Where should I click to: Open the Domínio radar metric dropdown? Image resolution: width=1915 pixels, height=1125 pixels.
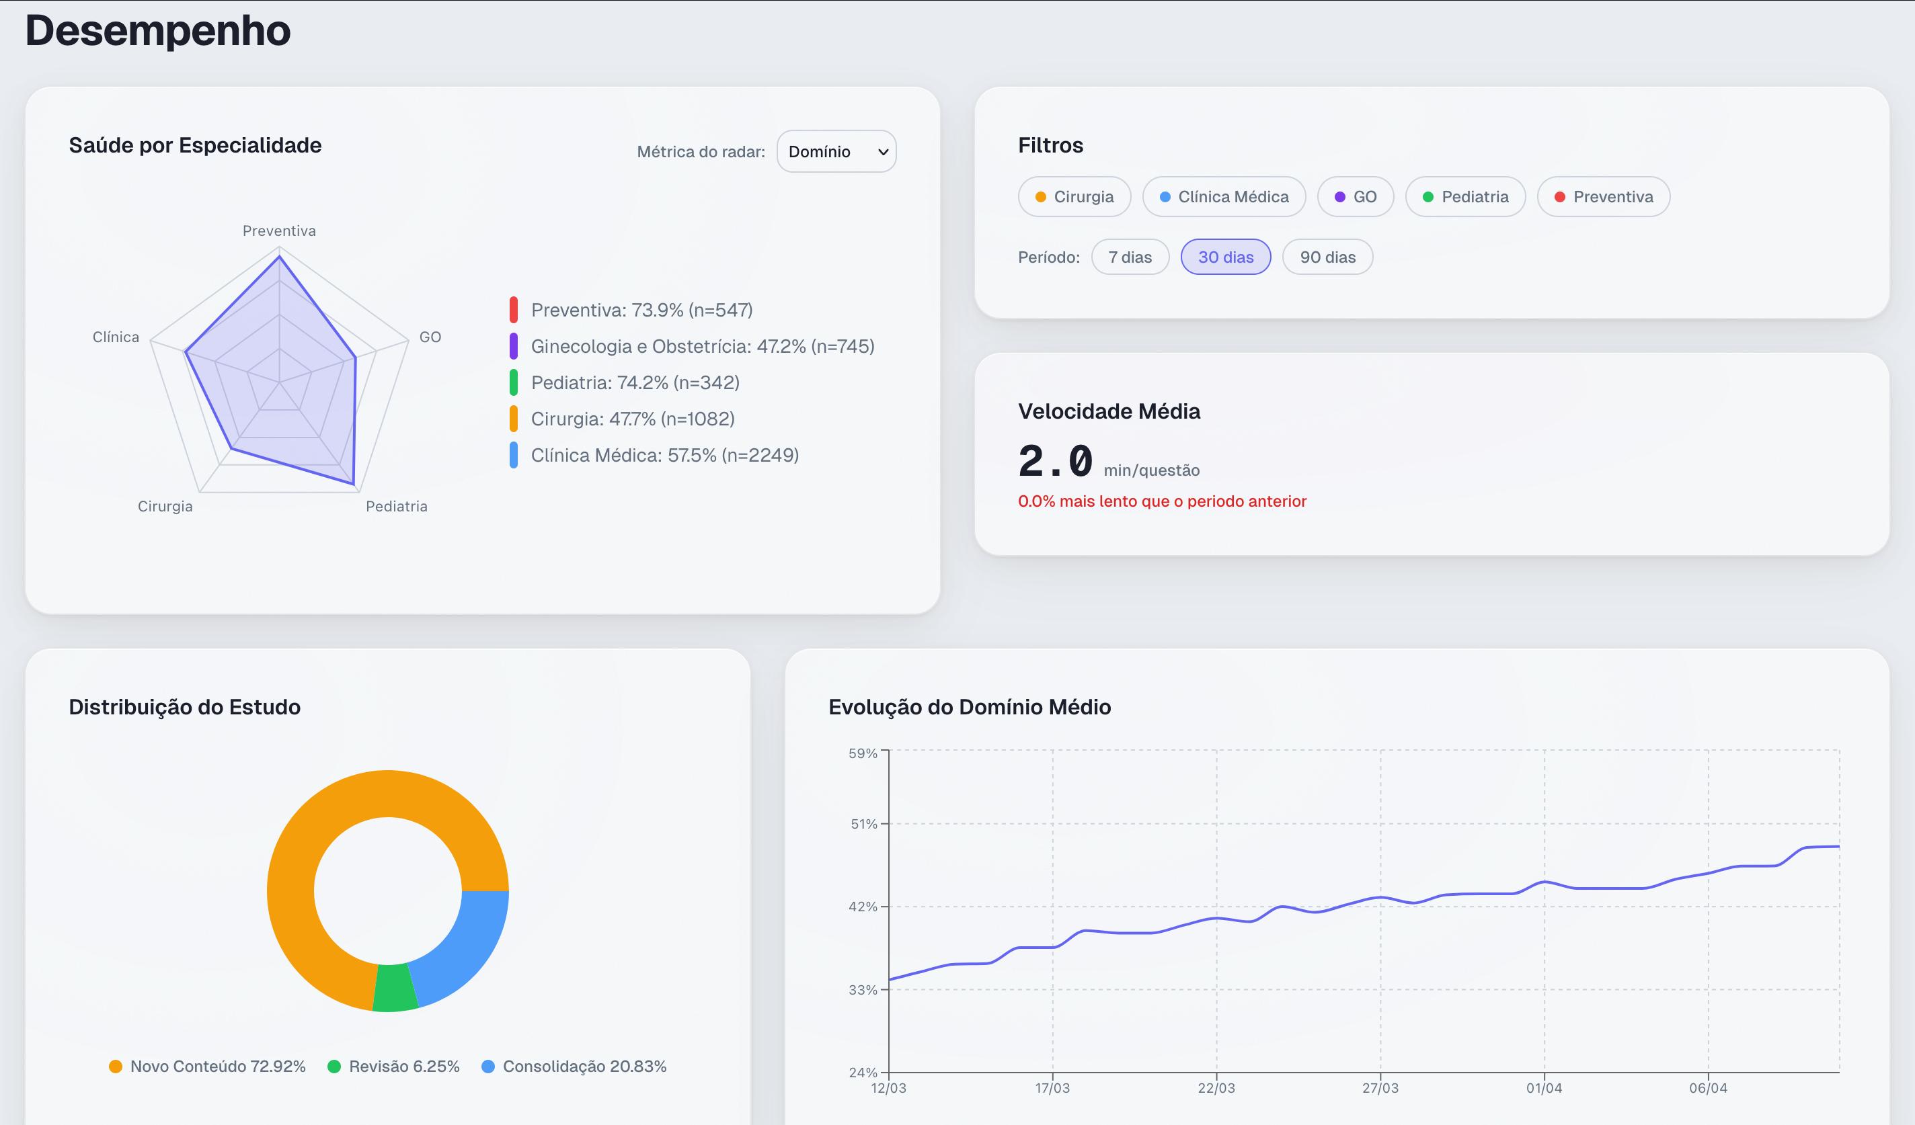(x=836, y=151)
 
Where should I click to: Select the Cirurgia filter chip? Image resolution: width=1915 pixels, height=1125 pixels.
(x=1074, y=197)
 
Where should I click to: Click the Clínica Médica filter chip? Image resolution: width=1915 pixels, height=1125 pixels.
(x=1224, y=197)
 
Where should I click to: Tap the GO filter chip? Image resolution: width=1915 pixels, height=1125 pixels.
(x=1355, y=197)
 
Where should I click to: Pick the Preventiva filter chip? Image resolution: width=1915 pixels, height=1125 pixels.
(x=1603, y=197)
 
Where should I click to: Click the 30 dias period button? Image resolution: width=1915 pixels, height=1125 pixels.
(x=1225, y=257)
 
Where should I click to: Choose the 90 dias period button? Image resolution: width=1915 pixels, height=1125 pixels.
(x=1327, y=257)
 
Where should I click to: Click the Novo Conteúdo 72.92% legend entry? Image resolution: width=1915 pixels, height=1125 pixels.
(x=208, y=1067)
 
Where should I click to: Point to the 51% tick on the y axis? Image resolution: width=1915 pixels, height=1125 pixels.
(x=863, y=824)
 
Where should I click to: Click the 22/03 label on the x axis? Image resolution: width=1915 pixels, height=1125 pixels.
(x=1216, y=1088)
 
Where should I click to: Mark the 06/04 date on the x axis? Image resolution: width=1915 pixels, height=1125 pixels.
(x=1707, y=1088)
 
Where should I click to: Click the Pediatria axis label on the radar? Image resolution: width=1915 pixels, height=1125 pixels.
(x=396, y=507)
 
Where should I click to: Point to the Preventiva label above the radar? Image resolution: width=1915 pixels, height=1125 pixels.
(x=279, y=231)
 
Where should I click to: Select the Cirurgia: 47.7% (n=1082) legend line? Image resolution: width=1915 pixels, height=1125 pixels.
(x=632, y=419)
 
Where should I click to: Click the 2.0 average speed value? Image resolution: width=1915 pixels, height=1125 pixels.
(x=1055, y=461)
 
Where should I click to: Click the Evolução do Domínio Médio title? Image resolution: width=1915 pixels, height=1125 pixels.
(x=969, y=707)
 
